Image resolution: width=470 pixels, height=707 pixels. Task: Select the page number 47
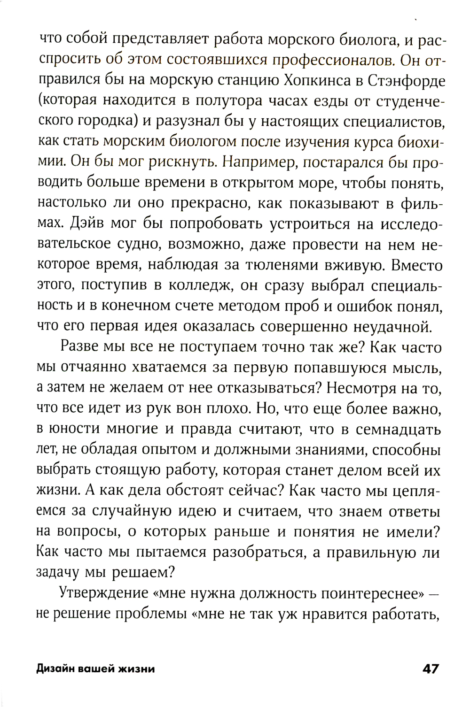(x=431, y=669)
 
